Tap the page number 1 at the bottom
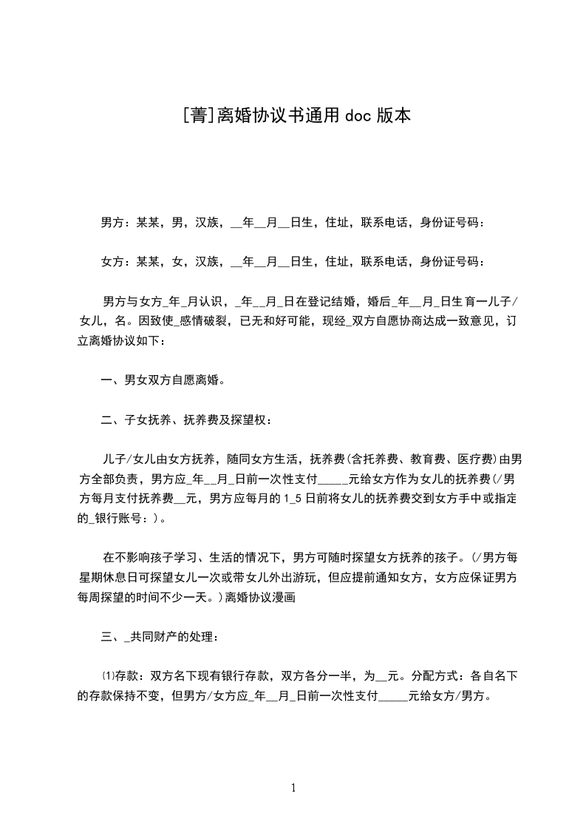coord(293,788)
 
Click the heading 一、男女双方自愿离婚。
coord(163,381)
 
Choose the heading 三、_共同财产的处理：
coord(159,635)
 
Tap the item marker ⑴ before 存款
coord(105,675)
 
